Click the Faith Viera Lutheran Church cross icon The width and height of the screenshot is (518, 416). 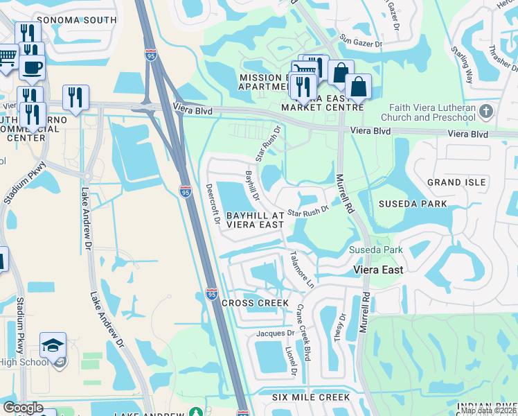[487, 111]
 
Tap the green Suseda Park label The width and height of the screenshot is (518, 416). [375, 249]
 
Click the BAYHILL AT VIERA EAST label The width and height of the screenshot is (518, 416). [254, 220]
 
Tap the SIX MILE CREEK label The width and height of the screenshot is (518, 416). [311, 397]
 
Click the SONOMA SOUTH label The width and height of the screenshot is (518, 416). [76, 20]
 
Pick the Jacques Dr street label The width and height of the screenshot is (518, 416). [276, 333]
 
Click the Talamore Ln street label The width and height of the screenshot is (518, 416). [303, 269]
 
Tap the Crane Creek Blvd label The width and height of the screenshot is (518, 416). [303, 325]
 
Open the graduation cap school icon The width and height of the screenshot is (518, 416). [53, 346]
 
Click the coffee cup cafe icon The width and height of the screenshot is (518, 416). [32, 67]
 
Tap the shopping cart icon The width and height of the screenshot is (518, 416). [7, 55]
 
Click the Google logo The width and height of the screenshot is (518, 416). [23, 407]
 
